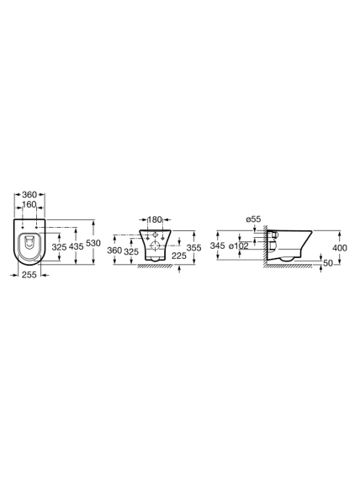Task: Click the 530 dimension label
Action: pyautogui.click(x=93, y=243)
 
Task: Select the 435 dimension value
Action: pyautogui.click(x=77, y=246)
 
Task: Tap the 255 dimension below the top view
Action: pyautogui.click(x=29, y=275)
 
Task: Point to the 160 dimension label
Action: pyautogui.click(x=29, y=204)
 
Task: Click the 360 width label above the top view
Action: pyautogui.click(x=29, y=194)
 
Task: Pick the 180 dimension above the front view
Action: pyautogui.click(x=155, y=219)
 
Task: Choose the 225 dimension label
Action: pyautogui.click(x=179, y=256)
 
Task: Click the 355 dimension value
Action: pyautogui.click(x=194, y=248)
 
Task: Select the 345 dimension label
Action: pyautogui.click(x=218, y=245)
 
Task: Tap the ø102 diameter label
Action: pyautogui.click(x=238, y=245)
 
